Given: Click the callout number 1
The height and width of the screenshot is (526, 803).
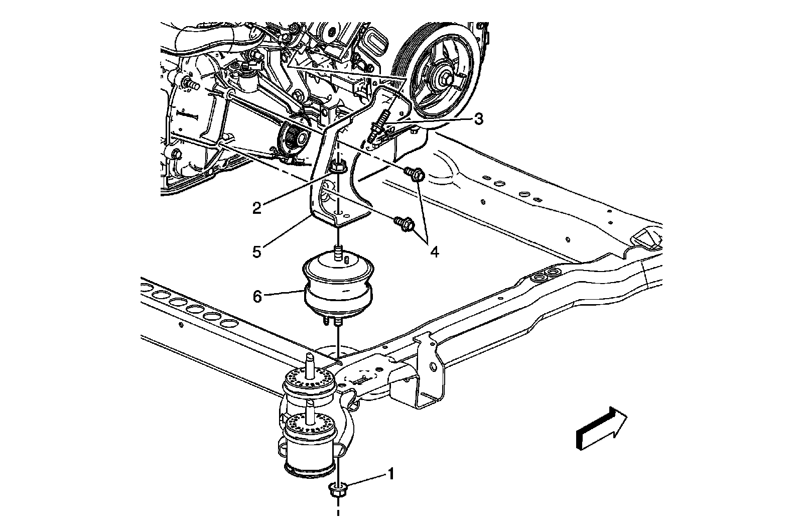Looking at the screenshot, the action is (x=389, y=473).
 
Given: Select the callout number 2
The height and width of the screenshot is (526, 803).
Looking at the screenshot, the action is (x=257, y=207).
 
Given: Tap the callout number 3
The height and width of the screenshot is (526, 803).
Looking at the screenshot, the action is (x=478, y=119).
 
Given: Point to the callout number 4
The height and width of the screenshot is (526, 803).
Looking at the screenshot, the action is (x=434, y=251).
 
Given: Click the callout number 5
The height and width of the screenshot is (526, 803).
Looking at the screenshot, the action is (x=257, y=251).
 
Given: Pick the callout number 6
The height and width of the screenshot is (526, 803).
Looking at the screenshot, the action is (x=257, y=297).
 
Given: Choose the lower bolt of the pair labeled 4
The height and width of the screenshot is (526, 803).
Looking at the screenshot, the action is (x=405, y=223).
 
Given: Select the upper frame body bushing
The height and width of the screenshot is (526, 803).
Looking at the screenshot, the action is (x=308, y=384).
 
